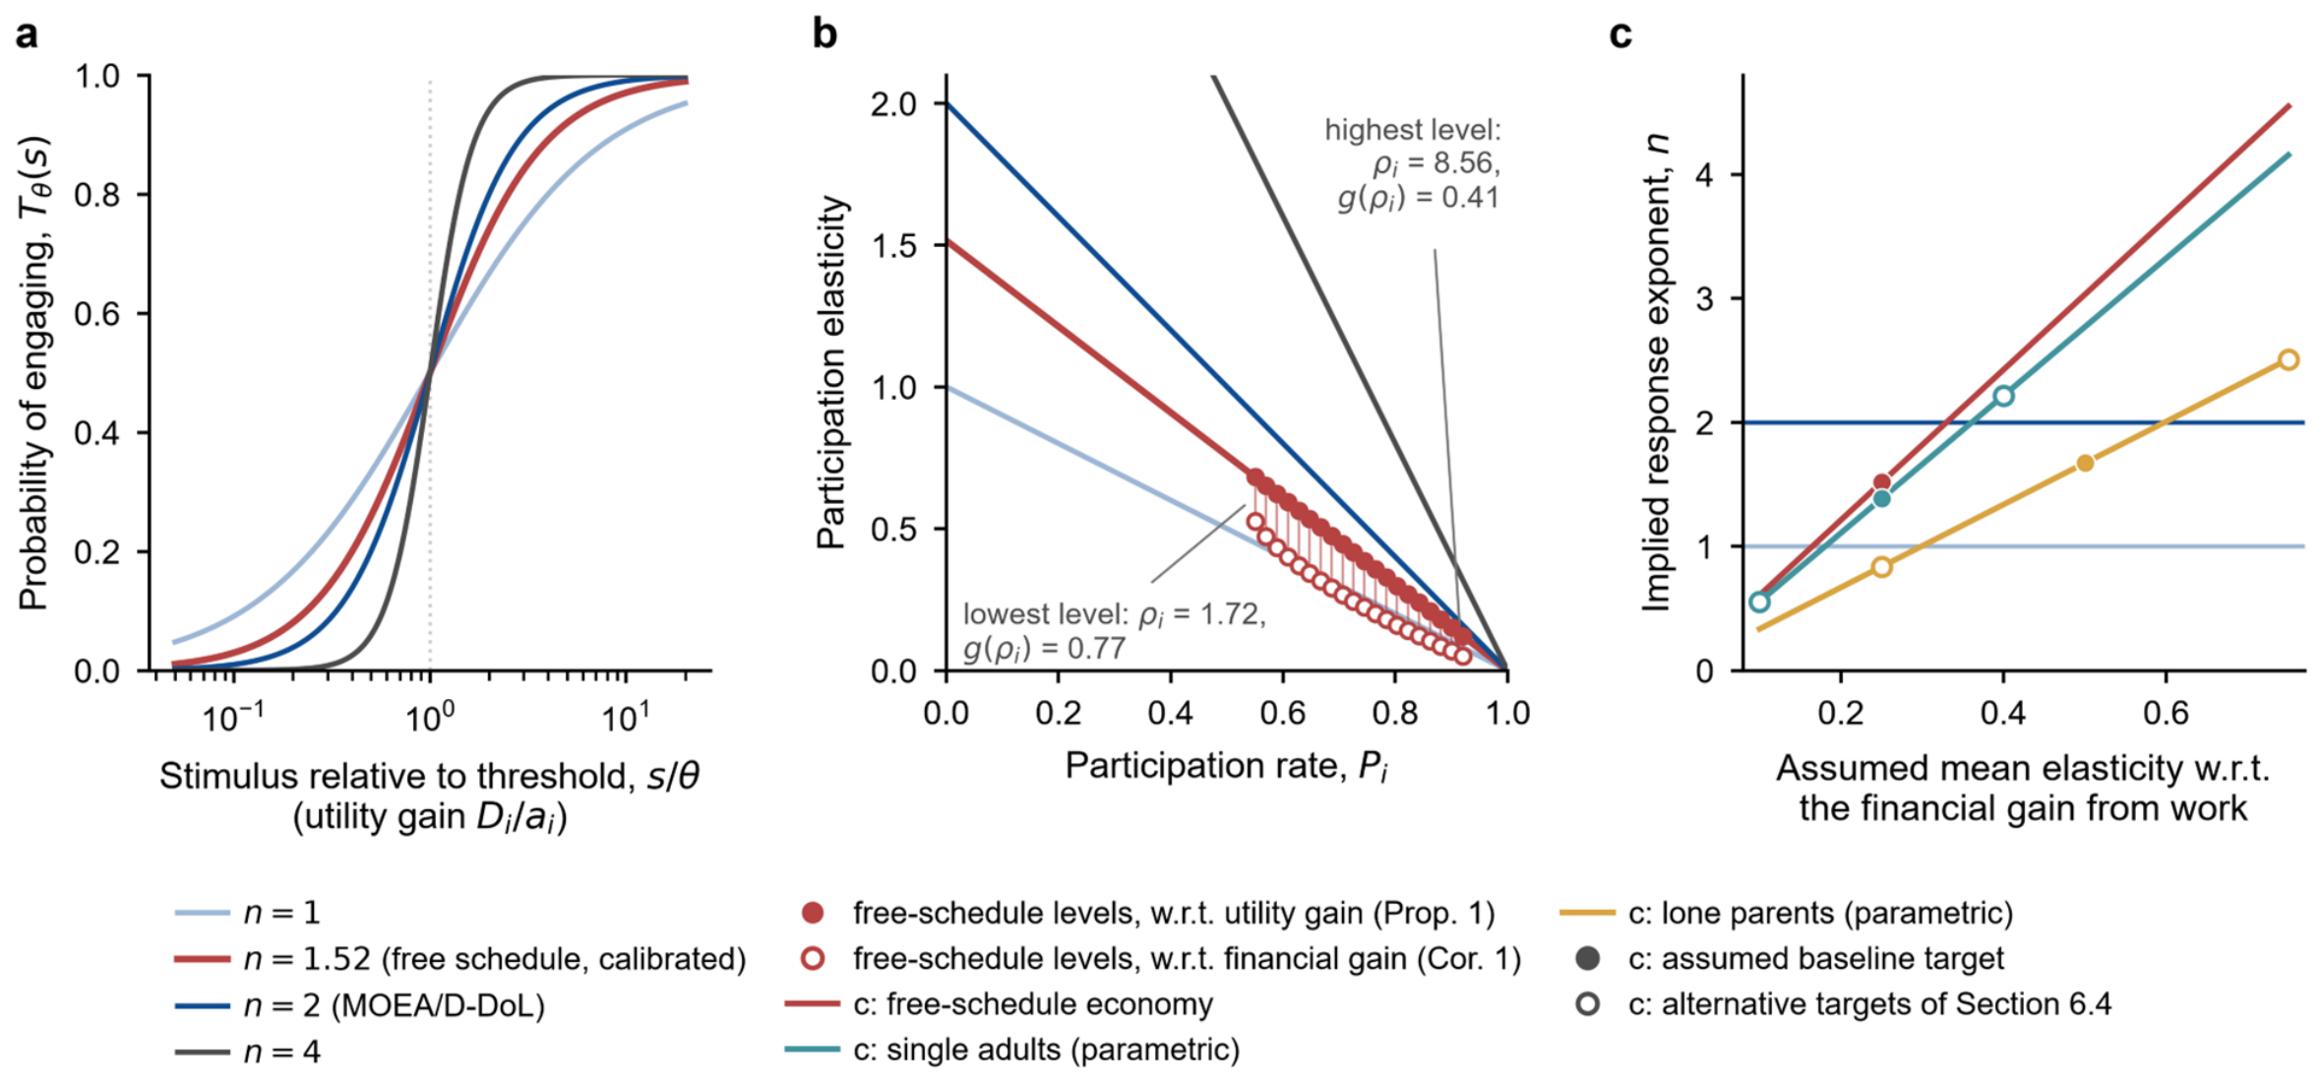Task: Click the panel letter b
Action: click(825, 34)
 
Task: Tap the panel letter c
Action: click(1620, 35)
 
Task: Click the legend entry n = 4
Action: click(248, 1051)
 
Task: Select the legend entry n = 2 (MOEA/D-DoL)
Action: click(360, 1005)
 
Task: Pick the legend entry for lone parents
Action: click(1787, 913)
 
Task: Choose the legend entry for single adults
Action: click(1012, 1050)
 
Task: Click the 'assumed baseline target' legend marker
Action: click(1587, 958)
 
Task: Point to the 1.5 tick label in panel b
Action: click(894, 245)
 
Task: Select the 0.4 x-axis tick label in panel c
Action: click(2003, 713)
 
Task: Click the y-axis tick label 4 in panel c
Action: click(1706, 175)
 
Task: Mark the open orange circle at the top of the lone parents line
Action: click(2289, 360)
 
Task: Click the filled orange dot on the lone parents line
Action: click(2085, 463)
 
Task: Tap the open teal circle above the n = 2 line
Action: click(2003, 396)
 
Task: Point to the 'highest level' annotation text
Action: click(1413, 163)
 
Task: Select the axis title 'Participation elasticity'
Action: click(831, 372)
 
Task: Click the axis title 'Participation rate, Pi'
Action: click(1227, 767)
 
